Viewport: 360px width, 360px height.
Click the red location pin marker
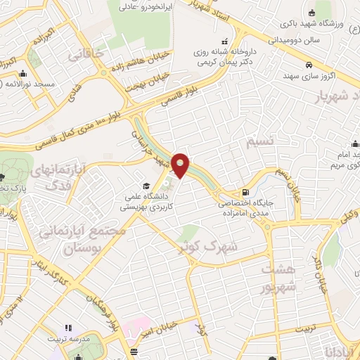pos(181,165)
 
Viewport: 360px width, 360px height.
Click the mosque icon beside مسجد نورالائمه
pos(23,72)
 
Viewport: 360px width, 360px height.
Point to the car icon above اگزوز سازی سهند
pos(309,65)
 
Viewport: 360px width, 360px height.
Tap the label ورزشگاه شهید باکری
pos(332,25)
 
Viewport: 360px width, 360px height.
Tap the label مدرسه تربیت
pos(68,338)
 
